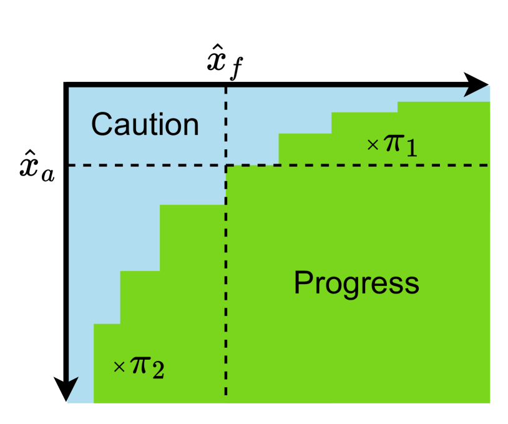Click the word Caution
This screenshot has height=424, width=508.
pos(145,124)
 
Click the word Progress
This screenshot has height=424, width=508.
pos(356,283)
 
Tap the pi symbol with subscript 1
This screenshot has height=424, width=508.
pos(393,143)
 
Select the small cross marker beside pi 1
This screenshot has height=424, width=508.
pos(373,145)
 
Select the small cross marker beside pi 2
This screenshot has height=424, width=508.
pos(119,367)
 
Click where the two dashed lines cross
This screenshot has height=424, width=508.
pos(226,165)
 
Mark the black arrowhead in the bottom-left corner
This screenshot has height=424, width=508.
pos(72,390)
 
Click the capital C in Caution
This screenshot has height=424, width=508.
pos(102,124)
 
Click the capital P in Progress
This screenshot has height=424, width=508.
pos(303,283)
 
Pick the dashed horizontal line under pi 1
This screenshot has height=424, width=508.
pos(374,165)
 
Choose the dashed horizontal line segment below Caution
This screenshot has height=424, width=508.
pos(144,165)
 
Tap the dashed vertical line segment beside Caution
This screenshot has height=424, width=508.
pos(226,125)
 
